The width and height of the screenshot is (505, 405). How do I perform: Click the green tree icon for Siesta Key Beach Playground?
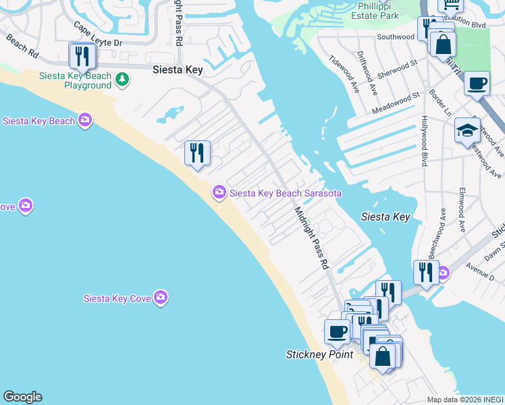122,80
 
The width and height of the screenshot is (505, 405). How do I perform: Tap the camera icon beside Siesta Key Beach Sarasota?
219,193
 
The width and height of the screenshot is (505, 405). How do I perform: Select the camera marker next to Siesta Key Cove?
160,297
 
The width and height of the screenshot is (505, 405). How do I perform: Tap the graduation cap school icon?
467,131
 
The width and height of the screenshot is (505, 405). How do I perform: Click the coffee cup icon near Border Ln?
477,84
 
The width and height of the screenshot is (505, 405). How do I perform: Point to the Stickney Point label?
319,354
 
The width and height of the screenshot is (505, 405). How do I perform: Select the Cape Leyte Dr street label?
98,36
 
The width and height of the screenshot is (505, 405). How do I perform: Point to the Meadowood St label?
396,103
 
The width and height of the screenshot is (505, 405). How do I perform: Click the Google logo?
22,397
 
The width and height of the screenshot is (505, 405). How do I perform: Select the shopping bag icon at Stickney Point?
383,356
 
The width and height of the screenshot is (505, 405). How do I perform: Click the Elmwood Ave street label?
462,209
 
